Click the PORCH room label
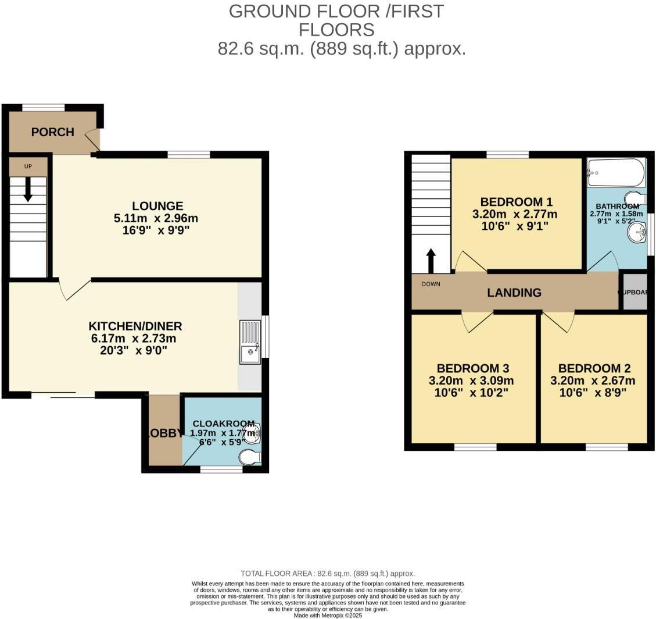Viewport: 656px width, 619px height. pos(52,132)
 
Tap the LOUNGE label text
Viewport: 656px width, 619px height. pos(157,206)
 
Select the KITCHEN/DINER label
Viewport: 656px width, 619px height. pos(135,326)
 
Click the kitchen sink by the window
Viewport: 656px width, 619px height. pos(250,343)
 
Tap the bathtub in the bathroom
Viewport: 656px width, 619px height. pos(616,172)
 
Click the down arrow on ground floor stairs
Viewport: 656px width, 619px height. pos(27,190)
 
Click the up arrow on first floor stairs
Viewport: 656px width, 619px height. pos(431,261)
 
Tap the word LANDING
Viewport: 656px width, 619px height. pos(514,293)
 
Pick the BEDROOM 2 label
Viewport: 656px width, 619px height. pos(594,368)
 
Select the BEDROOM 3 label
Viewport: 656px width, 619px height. pos(473,368)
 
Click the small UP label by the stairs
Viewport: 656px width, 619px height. pos(27,167)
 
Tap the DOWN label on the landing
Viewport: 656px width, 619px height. pos(431,284)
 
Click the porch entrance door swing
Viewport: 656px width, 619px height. pos(92,140)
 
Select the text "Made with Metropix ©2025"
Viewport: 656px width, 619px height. pos(328,615)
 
